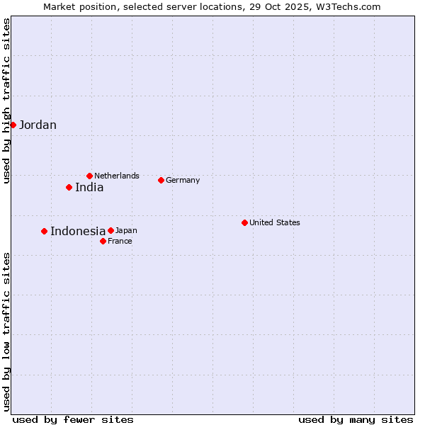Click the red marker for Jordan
13,125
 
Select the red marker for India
69,187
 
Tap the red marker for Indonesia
44,231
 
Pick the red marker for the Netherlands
89,176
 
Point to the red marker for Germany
161,180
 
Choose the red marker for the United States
244,222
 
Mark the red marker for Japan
110,230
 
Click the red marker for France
103,241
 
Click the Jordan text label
38,125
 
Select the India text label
89,188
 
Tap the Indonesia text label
78,232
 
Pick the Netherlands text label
117,176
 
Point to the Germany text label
183,180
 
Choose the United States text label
275,222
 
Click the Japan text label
126,230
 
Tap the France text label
120,241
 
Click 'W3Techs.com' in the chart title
352,7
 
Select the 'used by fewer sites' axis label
73,419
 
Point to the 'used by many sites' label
356,419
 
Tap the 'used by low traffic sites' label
6,331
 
